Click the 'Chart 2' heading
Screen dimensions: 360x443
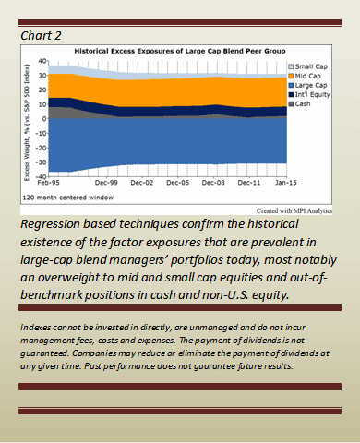(x=41, y=36)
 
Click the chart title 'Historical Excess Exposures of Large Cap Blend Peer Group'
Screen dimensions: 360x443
(x=180, y=51)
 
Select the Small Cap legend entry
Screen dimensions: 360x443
(x=307, y=66)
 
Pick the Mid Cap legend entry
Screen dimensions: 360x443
(x=305, y=76)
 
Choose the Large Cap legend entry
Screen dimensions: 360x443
(x=307, y=85)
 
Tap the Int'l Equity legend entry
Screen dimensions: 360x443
(x=309, y=94)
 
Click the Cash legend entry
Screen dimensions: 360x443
(x=299, y=103)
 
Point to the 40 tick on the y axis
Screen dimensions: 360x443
(x=42, y=61)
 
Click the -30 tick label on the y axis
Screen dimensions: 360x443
(x=42, y=162)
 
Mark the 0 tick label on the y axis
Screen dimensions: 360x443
(x=44, y=119)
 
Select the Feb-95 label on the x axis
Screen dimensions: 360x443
(x=49, y=183)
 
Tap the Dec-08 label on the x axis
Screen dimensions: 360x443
(x=213, y=183)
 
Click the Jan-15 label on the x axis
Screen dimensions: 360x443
(x=286, y=183)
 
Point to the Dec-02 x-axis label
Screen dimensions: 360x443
(x=142, y=183)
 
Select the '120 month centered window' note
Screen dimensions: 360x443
(x=68, y=198)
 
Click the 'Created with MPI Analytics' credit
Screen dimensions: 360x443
(x=294, y=210)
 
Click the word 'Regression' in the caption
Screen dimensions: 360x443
(x=50, y=224)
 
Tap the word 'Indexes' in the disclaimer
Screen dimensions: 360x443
(x=35, y=328)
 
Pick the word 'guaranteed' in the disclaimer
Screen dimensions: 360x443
(x=44, y=353)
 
